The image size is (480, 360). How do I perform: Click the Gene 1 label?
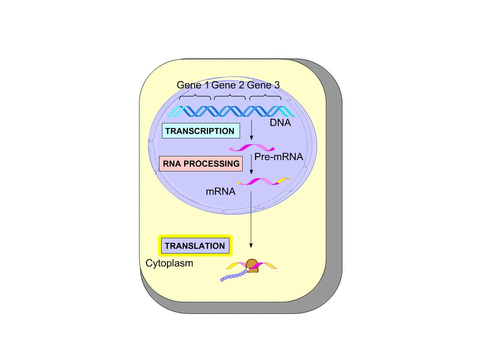(x=193, y=85)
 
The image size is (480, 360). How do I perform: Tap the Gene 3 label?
(x=263, y=85)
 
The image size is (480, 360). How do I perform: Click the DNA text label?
(x=280, y=123)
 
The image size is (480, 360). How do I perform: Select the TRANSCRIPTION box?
(x=201, y=131)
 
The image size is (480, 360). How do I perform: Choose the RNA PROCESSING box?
(x=201, y=163)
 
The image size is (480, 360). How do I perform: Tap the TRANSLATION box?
(x=195, y=246)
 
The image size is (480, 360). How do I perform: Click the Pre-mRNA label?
(x=279, y=157)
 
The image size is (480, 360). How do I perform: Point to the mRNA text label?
(x=220, y=192)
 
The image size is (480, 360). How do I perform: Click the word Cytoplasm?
(x=169, y=263)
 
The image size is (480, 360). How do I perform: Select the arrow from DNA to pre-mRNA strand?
(x=251, y=130)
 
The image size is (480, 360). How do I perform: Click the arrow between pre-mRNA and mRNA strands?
(x=251, y=164)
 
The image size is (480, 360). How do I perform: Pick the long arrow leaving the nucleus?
(x=251, y=219)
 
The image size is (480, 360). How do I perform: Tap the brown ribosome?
(x=252, y=266)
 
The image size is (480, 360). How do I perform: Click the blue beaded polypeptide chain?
(x=234, y=276)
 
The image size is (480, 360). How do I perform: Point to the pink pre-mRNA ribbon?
(x=252, y=147)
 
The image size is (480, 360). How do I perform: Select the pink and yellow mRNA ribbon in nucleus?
(x=264, y=181)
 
